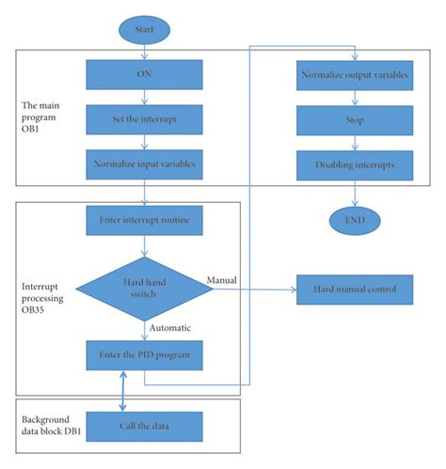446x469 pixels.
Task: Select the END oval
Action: point(354,221)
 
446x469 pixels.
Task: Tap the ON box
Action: point(144,73)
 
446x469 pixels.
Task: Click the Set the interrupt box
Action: point(144,119)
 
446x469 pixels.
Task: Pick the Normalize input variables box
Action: point(144,164)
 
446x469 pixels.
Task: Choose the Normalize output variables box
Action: point(354,73)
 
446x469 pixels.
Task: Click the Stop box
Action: point(354,119)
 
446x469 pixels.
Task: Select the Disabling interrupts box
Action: point(354,164)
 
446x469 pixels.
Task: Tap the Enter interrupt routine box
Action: point(144,221)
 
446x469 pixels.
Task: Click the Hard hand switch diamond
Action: point(144,289)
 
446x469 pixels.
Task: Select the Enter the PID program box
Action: point(144,356)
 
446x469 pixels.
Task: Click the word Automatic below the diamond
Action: point(171,328)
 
